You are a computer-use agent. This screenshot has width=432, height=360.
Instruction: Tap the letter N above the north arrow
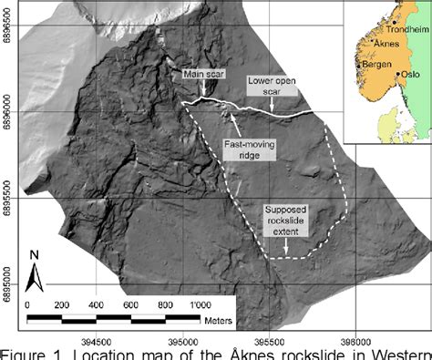point(34,255)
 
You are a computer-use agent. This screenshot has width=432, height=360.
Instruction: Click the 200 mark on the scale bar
point(62,303)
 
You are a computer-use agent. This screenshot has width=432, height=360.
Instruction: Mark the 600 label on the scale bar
point(130,303)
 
